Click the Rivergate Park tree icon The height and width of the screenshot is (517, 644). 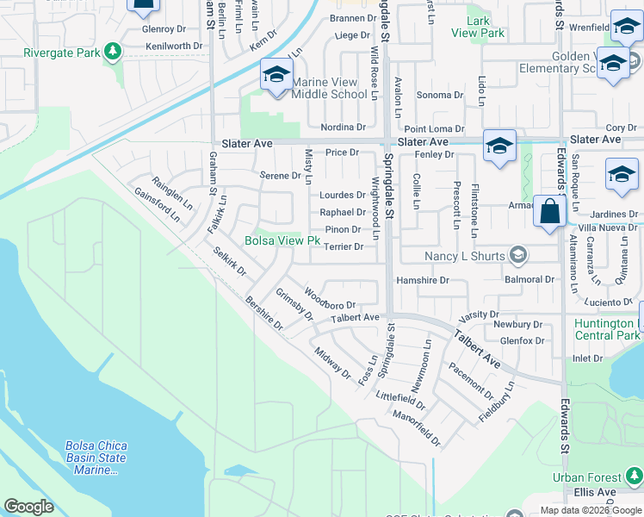[111, 53]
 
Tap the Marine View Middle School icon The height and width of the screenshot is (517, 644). [276, 74]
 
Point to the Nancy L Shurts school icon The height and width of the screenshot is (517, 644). [518, 255]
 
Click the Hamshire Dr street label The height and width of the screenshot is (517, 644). [422, 280]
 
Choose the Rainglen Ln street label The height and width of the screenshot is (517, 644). [172, 193]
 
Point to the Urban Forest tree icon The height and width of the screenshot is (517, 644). [635, 477]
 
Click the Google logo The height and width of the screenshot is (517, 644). [28, 507]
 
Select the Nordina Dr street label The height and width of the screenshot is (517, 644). [343, 128]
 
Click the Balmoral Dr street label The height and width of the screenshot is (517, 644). [529, 280]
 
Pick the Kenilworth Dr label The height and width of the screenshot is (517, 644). [174, 46]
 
